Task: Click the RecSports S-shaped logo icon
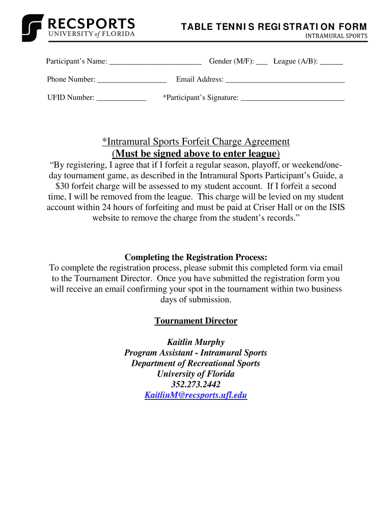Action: pos(33,27)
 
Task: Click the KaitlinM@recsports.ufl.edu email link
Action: pos(196,395)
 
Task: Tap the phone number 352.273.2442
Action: pos(196,385)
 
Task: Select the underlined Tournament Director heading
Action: pos(196,321)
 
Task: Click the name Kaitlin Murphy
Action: pos(196,342)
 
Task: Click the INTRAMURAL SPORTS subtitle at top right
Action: pos(336,36)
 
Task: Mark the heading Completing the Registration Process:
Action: pos(196,257)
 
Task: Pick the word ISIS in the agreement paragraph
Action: pos(334,207)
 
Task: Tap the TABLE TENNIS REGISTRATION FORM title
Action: pos(274,27)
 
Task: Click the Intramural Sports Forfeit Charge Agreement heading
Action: pos(196,142)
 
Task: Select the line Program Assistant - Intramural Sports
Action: pos(196,353)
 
